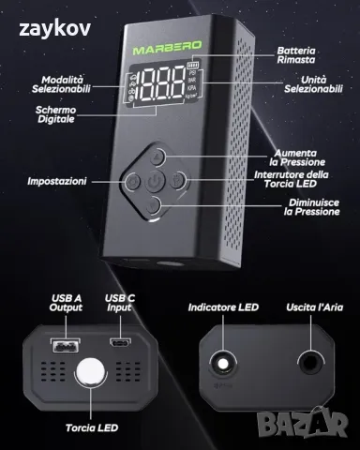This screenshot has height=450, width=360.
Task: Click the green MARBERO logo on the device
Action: click(167, 48)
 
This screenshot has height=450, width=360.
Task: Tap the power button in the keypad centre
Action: click(155, 181)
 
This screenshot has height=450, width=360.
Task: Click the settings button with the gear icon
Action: click(133, 181)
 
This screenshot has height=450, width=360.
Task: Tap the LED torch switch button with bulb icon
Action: click(177, 180)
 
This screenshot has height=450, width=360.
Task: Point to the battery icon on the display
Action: click(193, 65)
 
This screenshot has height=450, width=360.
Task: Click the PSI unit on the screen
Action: click(192, 73)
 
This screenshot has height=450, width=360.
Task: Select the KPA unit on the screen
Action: click(191, 88)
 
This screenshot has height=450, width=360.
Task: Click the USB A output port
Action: click(65, 346)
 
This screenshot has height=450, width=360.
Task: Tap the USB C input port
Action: click(120, 343)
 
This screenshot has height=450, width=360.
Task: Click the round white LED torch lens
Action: click(91, 373)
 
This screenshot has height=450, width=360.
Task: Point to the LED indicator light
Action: click(223, 364)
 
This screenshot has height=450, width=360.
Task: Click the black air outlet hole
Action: click(310, 363)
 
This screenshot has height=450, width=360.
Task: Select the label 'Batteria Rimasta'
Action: click(296, 55)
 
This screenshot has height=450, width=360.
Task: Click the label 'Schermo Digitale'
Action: click(56, 114)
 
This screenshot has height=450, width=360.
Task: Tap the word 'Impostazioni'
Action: click(57, 181)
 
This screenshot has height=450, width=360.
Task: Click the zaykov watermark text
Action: click(55, 28)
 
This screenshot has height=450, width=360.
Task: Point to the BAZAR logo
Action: click(303, 423)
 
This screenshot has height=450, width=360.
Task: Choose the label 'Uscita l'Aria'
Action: click(314, 307)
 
